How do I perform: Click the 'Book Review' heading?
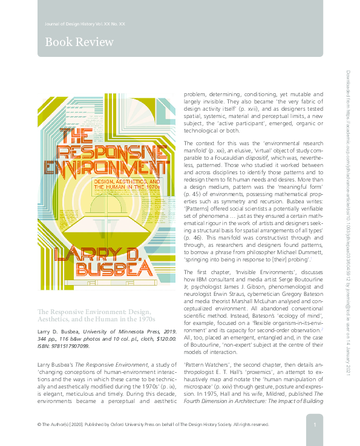[79, 42]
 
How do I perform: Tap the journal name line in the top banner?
[85, 24]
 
